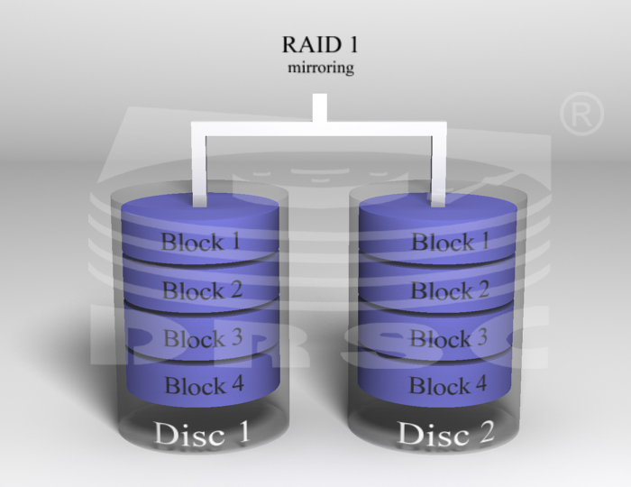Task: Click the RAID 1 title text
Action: pyautogui.click(x=320, y=44)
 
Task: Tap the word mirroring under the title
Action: pyautogui.click(x=321, y=68)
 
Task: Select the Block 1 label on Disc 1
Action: pyautogui.click(x=201, y=242)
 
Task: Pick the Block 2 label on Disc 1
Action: pyautogui.click(x=203, y=289)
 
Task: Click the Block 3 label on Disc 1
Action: pyautogui.click(x=203, y=337)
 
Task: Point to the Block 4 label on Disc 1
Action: pyautogui.click(x=205, y=385)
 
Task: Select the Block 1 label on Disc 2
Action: pyautogui.click(x=451, y=242)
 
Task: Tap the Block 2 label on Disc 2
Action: pyautogui.click(x=450, y=290)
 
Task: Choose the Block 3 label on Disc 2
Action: pyautogui.click(x=449, y=337)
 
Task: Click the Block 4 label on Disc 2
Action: pyautogui.click(x=448, y=385)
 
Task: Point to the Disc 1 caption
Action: pyautogui.click(x=202, y=434)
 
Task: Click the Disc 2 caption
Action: pyautogui.click(x=446, y=433)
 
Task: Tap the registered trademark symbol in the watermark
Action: pyautogui.click(x=582, y=114)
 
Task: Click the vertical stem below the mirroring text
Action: pyautogui.click(x=320, y=107)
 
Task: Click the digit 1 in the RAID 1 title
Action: pyautogui.click(x=352, y=44)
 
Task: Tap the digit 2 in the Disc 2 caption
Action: pyautogui.click(x=485, y=432)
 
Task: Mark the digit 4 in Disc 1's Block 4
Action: pyautogui.click(x=236, y=383)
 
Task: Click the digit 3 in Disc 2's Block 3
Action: pyautogui.click(x=480, y=337)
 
